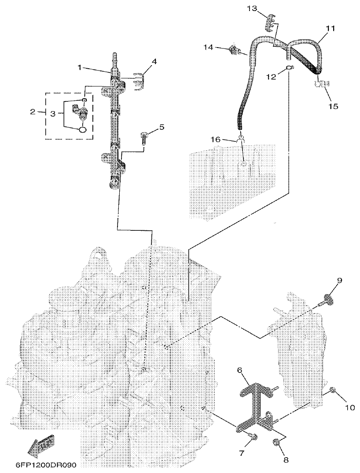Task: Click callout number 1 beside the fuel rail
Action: click(x=80, y=68)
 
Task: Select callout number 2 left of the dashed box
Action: click(x=33, y=112)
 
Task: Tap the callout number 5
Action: click(x=161, y=127)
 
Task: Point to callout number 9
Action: click(x=339, y=280)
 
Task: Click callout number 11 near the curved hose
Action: click(x=330, y=28)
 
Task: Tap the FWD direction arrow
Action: click(x=39, y=446)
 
